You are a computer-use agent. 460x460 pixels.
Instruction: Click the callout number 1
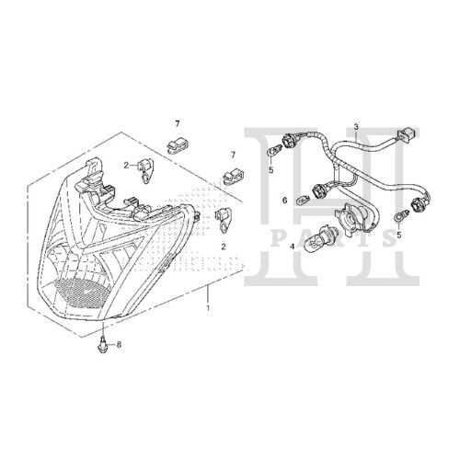pos(208,308)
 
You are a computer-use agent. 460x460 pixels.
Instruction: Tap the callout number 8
pos(119,345)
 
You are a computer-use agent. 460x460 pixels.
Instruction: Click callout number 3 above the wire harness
pos(356,126)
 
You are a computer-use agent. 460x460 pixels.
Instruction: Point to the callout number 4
pos(293,246)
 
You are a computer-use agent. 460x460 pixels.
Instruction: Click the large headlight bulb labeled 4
pos(316,241)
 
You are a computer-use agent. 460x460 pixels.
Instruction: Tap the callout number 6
pos(285,201)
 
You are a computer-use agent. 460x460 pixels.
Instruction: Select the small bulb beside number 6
pos(302,200)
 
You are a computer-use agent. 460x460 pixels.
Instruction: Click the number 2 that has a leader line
pos(126,166)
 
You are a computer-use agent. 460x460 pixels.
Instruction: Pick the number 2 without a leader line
pos(224,247)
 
